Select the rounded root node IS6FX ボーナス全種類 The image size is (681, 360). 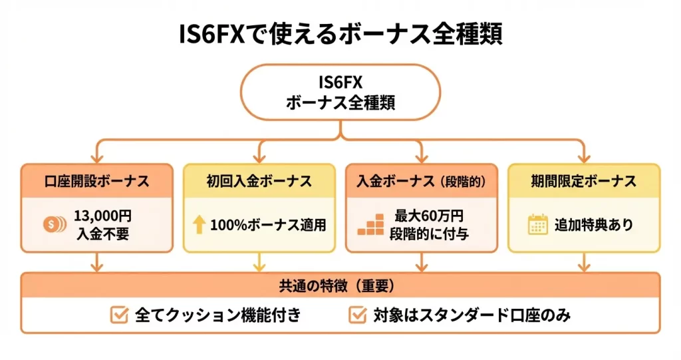tap(340, 93)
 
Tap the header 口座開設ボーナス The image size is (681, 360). tap(96, 180)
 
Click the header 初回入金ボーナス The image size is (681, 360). tap(259, 180)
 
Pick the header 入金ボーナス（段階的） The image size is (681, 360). tap(421, 180)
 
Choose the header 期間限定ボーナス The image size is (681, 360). tap(584, 180)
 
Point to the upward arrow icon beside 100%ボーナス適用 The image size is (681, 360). tap(198, 224)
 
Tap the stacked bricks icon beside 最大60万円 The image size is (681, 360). tap(370, 224)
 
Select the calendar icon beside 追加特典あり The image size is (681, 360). tap(537, 224)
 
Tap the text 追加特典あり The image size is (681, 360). tap(594, 225)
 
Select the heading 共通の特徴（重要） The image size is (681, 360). tap(340, 285)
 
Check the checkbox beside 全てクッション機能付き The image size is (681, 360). tap(119, 315)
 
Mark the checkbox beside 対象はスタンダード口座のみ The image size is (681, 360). tap(358, 315)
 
